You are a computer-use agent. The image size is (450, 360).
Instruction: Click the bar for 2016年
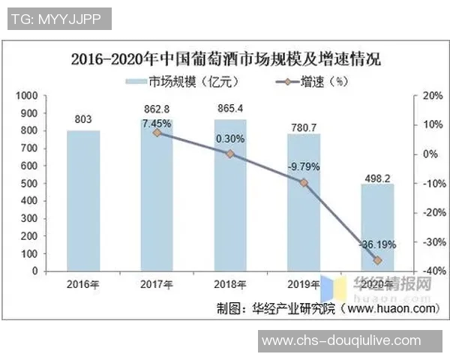[82, 200]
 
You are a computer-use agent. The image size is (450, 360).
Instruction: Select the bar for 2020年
[377, 227]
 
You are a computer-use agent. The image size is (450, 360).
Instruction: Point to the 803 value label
[83, 119]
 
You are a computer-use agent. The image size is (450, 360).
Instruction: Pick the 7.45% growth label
[157, 122]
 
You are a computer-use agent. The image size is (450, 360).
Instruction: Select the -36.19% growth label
[376, 244]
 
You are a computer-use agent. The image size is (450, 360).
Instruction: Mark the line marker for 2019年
[304, 182]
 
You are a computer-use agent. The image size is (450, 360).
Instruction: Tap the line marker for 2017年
[157, 133]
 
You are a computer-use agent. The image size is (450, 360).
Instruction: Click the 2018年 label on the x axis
[230, 284]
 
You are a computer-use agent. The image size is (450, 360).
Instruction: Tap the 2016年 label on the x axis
[82, 284]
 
